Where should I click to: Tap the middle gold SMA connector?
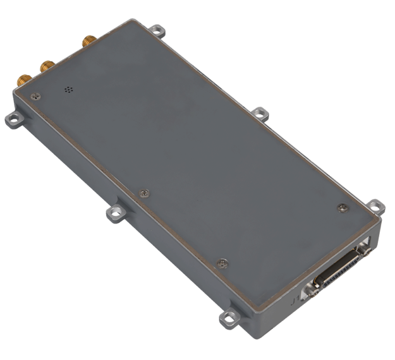click(46, 64)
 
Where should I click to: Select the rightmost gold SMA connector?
click(87, 43)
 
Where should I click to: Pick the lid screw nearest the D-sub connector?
click(342, 208)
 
